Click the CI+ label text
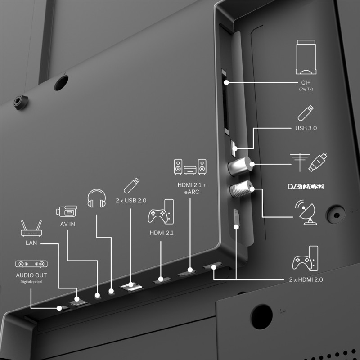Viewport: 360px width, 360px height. click(306, 83)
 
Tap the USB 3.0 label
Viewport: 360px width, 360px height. click(306, 128)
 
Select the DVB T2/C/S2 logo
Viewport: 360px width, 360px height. click(306, 186)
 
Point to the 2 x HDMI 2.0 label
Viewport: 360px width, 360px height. click(306, 280)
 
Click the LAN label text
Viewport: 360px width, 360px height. click(31, 243)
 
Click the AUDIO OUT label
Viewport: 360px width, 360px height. click(31, 275)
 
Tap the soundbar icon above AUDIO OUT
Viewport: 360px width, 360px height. click(31, 264)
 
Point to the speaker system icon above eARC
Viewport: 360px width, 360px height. click(190, 167)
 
